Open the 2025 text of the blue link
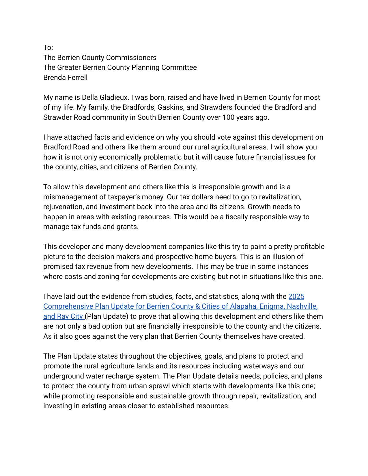pyautogui.click(x=296, y=297)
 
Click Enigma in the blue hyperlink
pyautogui.click(x=271, y=306)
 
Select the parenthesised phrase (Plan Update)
pyautogui.click(x=107, y=316)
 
